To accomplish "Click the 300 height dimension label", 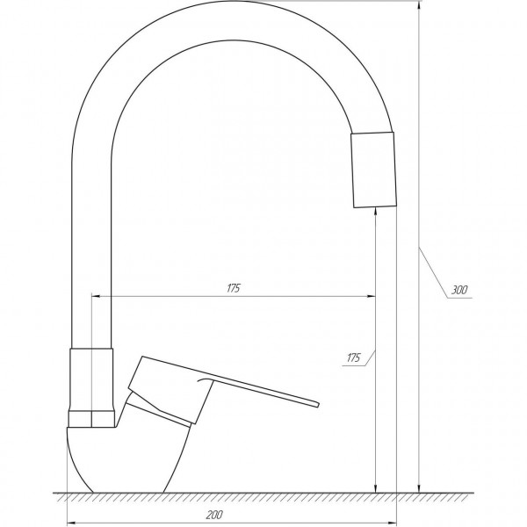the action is pos(458,290).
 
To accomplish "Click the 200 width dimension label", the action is pos(214,515).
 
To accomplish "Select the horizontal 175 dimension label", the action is pos(234,288).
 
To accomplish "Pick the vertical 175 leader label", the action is pos(353,357).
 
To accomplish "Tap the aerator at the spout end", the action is pos(373,170).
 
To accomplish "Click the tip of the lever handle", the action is pos(318,404).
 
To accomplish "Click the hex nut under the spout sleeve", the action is pos(91,418).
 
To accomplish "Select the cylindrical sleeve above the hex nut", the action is pos(91,379).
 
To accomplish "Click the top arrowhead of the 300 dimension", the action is pos(418,6).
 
